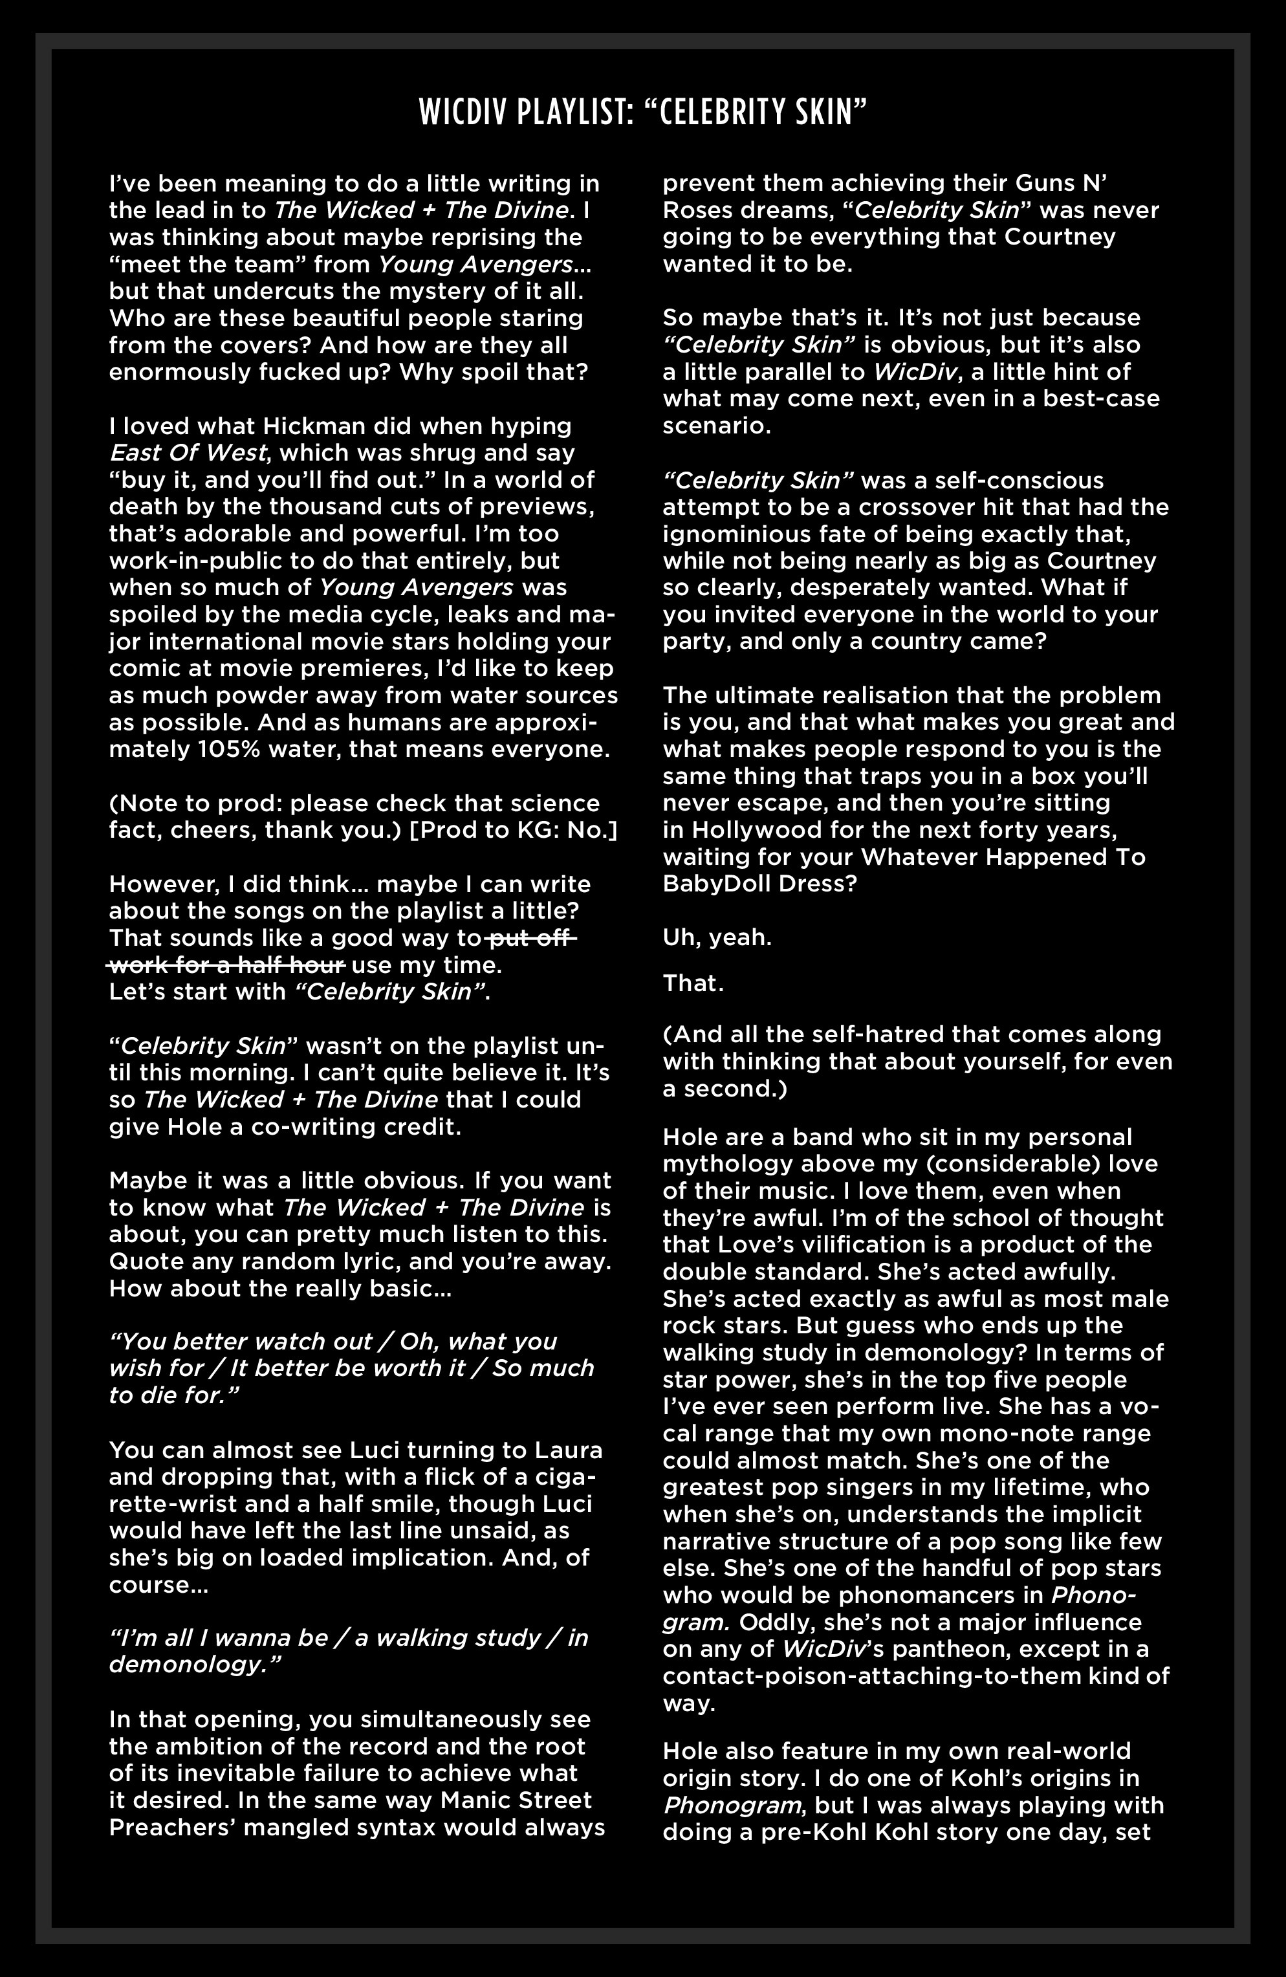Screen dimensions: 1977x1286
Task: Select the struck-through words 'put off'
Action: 532,939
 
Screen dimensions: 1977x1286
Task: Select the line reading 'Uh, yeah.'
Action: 717,938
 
